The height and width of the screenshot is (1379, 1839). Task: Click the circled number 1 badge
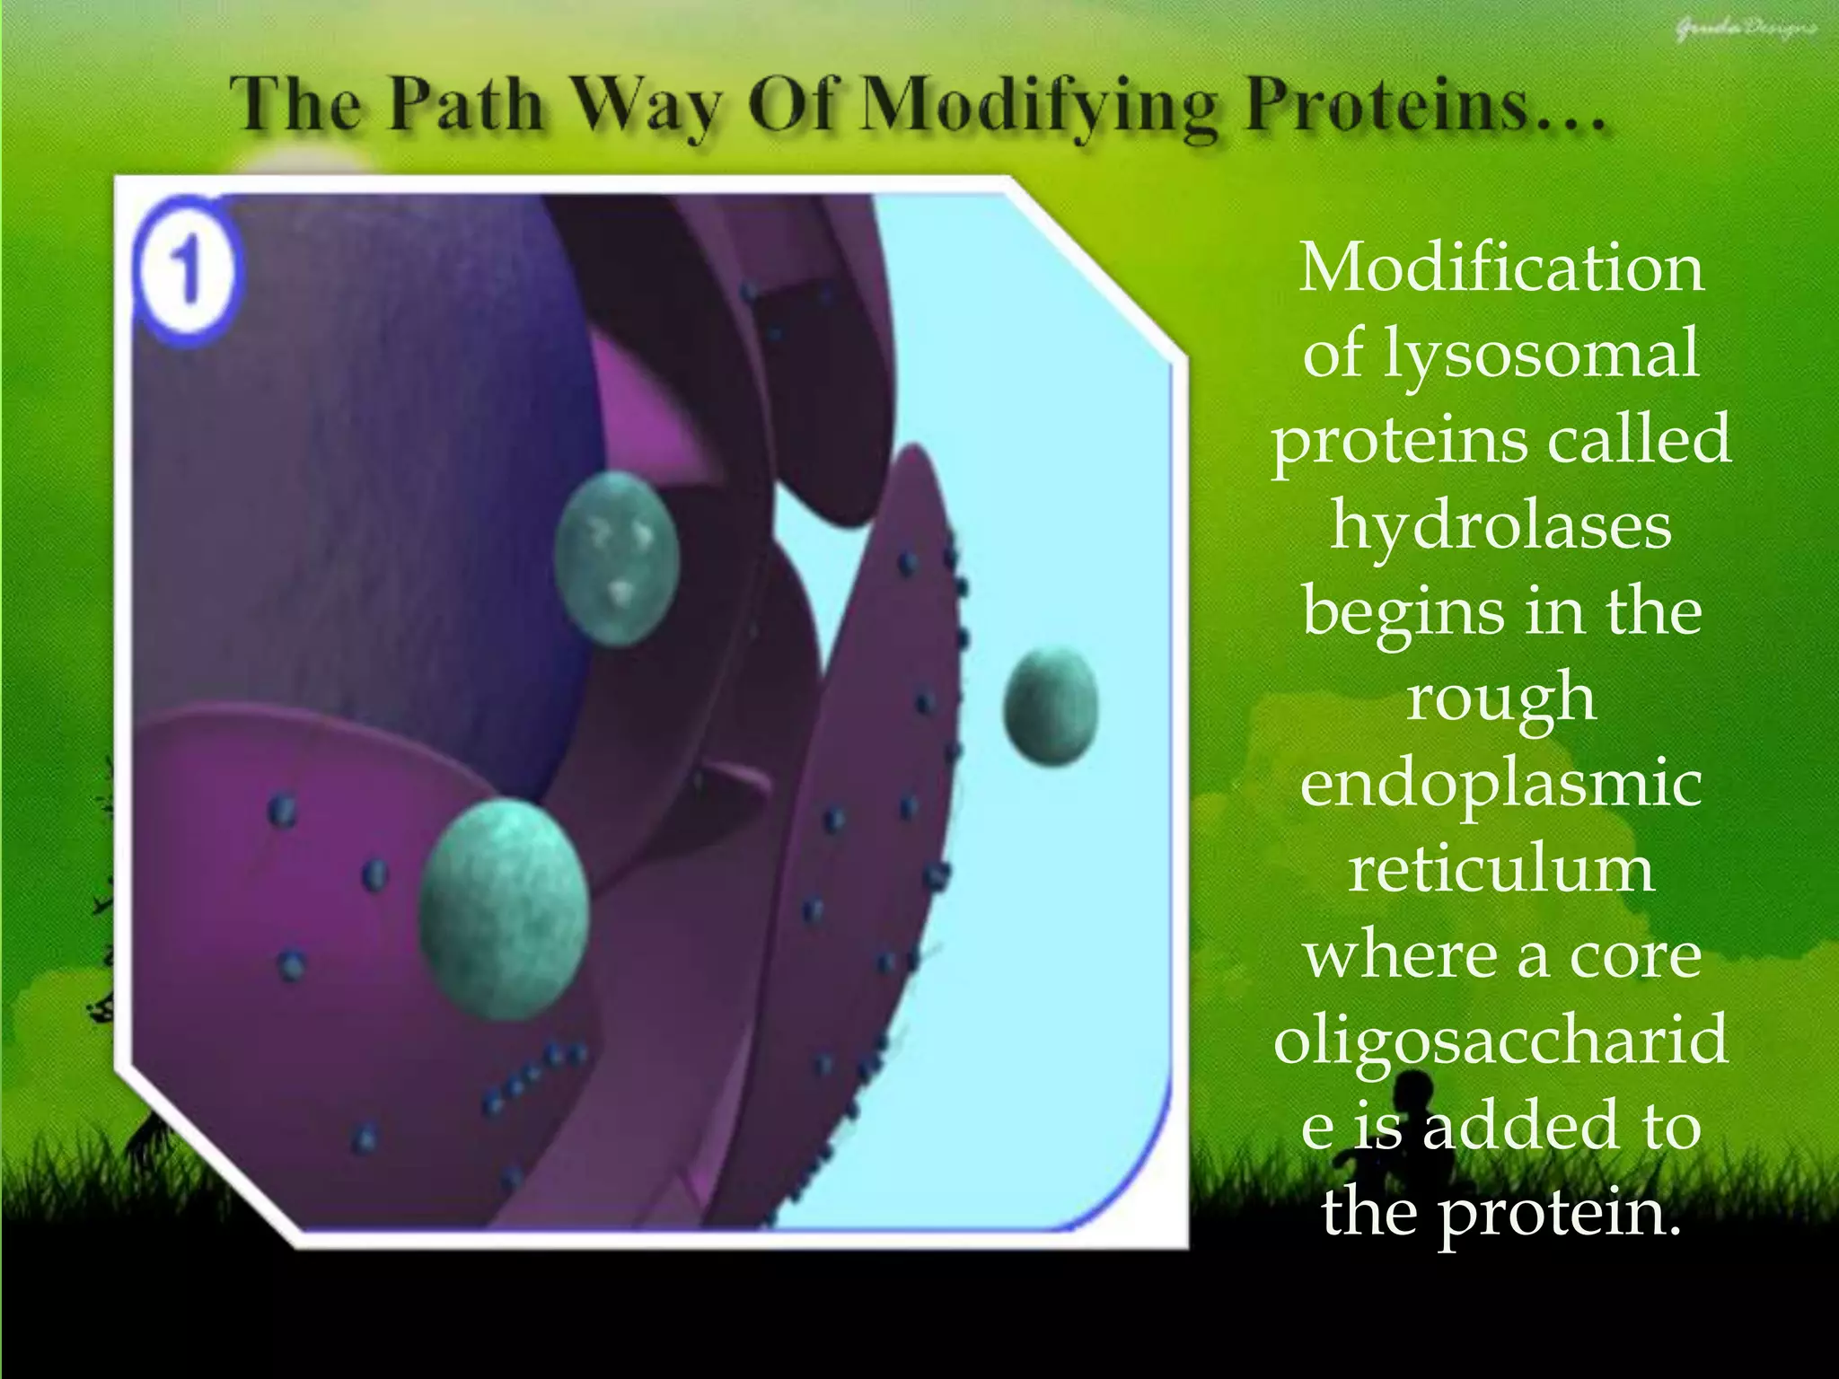pos(187,271)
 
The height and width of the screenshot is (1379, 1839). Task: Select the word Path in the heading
pos(466,106)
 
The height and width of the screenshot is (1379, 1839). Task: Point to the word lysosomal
pos(1541,354)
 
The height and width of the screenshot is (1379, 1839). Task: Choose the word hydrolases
pos(1501,526)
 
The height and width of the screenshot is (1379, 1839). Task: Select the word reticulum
pos(1501,869)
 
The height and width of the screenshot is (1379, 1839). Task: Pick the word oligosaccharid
pos(1501,1040)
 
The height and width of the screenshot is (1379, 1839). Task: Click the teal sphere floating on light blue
pos(1050,707)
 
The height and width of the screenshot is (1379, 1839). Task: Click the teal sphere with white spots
pos(616,558)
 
